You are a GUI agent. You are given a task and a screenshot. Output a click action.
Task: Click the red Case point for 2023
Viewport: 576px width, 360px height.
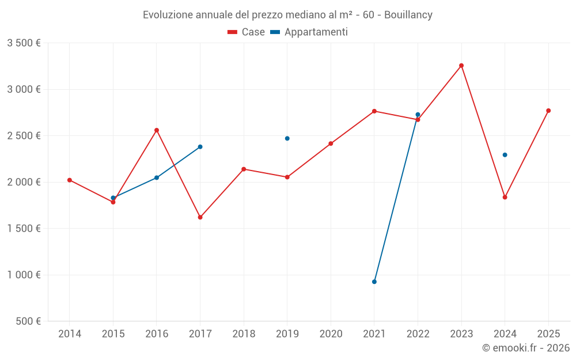point(461,66)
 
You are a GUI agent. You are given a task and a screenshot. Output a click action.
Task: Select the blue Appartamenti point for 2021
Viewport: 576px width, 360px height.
point(374,282)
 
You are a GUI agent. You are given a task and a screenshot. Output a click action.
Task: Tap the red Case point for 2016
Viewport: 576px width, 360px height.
point(157,130)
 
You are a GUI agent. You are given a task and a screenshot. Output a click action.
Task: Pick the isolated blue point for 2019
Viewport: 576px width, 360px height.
point(287,138)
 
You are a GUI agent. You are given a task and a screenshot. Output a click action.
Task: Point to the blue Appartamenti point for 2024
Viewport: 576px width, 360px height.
point(505,155)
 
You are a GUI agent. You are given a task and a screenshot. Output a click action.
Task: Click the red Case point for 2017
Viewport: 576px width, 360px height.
point(200,217)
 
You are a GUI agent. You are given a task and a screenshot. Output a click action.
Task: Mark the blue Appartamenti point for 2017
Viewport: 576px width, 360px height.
point(200,147)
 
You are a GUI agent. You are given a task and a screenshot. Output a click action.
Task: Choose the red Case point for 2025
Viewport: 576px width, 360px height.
point(548,111)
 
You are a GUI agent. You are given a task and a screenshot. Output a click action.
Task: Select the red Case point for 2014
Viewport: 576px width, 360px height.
point(70,180)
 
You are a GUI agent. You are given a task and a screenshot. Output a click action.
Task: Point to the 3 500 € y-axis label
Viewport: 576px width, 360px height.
point(24,43)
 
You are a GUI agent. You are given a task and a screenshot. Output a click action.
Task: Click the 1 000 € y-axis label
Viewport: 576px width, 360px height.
point(24,275)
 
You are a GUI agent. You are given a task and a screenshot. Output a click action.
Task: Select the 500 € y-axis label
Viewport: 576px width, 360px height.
point(27,321)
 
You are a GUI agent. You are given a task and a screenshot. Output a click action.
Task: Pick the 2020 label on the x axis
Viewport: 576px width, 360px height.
point(331,334)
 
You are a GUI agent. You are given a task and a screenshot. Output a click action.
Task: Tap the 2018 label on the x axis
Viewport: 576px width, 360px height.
point(244,334)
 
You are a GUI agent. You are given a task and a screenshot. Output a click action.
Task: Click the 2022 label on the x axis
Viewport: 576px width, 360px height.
point(418,334)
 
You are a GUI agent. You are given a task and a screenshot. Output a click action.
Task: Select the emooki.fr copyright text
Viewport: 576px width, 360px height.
point(526,348)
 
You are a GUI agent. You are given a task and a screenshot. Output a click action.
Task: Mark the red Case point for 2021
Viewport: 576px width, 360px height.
point(374,111)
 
